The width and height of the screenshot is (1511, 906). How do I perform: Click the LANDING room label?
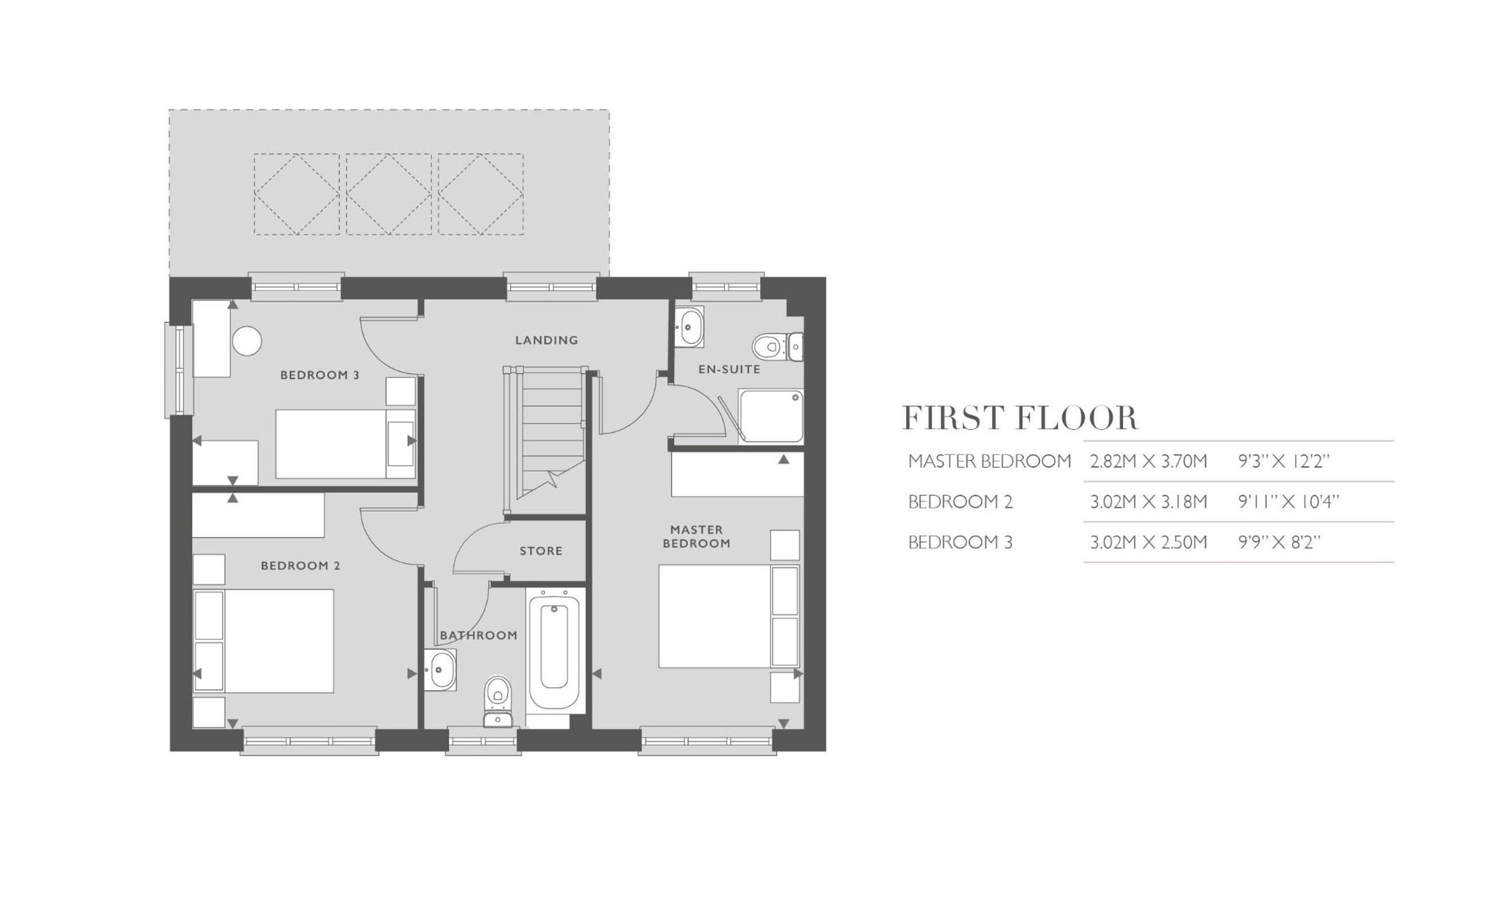coord(546,340)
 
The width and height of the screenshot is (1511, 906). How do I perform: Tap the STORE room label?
coord(540,551)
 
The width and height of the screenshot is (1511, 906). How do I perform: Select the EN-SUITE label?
coord(729,369)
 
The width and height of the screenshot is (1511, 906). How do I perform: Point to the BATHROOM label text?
coord(478,635)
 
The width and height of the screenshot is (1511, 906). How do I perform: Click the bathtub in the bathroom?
coord(554,649)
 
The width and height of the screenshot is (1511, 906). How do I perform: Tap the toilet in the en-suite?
coord(777,347)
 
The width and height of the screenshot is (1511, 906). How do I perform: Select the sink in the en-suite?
coord(690,327)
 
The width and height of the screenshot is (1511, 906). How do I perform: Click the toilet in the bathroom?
coord(499,701)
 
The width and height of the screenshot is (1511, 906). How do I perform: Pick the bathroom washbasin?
coord(440,670)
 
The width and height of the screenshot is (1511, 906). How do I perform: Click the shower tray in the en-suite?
coord(771,416)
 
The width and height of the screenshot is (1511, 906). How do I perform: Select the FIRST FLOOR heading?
coord(1020,418)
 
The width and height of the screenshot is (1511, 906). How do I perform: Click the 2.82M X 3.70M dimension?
coord(1148,461)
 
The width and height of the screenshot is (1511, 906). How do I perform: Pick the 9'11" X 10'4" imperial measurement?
coord(1288,502)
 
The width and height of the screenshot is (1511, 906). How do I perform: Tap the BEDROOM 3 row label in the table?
coord(960,542)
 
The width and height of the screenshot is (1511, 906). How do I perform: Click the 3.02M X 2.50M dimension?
coord(1148,542)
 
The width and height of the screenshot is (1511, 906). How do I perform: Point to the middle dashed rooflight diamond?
coord(389,194)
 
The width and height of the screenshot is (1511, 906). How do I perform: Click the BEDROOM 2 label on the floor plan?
coord(300,566)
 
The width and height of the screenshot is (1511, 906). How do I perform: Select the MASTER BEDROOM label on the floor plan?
coord(696,537)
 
